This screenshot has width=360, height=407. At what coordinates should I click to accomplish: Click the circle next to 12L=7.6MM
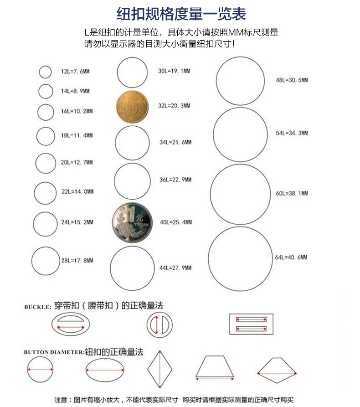pyautogui.click(x=45, y=72)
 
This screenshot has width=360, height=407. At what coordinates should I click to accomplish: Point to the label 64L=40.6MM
pyautogui.click(x=291, y=258)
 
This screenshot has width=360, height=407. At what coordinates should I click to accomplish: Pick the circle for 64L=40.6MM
pyautogui.click(x=240, y=258)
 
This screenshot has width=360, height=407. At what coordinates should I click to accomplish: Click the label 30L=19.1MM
pyautogui.click(x=174, y=72)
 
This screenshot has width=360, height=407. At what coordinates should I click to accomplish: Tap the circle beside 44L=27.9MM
pyautogui.click(x=132, y=268)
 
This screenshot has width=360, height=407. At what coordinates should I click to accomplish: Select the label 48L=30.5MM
pyautogui.click(x=292, y=80)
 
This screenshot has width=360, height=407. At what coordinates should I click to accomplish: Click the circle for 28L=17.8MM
pyautogui.click(x=46, y=261)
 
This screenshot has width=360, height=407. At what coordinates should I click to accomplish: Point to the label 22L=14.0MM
pyautogui.click(x=77, y=192)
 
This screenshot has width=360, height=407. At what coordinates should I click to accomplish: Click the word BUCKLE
pyautogui.click(x=37, y=307)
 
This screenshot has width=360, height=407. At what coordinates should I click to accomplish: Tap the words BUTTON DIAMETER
pyautogui.click(x=54, y=352)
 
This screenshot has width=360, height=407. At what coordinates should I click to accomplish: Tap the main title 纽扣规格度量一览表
pyautogui.click(x=181, y=14)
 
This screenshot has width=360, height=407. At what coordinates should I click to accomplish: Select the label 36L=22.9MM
pyautogui.click(x=175, y=180)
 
